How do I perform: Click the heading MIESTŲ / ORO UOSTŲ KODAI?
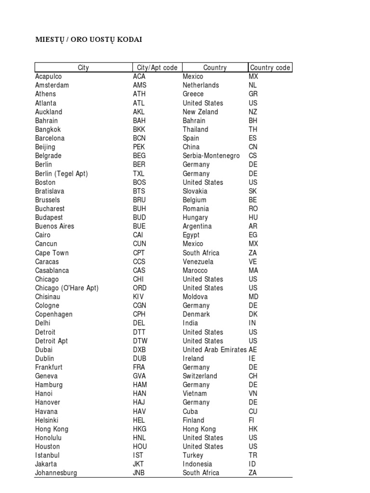pos(89,39)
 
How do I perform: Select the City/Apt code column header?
pos(157,68)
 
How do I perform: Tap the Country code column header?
pos(270,68)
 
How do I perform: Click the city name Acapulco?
pos(48,77)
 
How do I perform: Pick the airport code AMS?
pos(139,85)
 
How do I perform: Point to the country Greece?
pos(193,94)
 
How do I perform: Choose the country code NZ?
pos(253,112)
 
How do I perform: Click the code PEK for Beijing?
pos(139,147)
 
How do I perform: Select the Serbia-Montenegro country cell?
pos(211,156)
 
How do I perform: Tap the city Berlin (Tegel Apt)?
pos(61,173)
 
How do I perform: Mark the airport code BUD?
pos(139,217)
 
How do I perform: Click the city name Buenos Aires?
pos(54,226)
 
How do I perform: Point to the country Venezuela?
pos(198,261)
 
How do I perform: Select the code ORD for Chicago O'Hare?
pos(139,288)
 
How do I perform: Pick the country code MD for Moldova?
pos(253,297)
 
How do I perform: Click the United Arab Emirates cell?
pos(214,350)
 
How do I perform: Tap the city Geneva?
pos(46,376)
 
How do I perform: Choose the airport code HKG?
pos(140,429)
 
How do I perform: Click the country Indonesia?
pos(197,464)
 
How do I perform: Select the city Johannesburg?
pos(56,473)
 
